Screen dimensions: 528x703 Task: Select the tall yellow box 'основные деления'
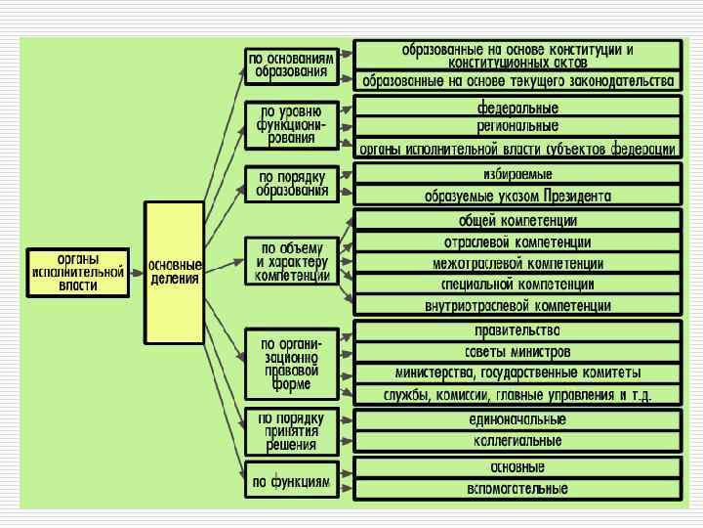click(x=175, y=273)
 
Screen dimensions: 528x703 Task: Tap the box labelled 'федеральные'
click(x=517, y=107)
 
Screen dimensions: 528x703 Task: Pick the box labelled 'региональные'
click(x=517, y=127)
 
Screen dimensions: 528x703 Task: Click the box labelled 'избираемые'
click(x=517, y=174)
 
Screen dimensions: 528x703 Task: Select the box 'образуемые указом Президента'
click(x=517, y=196)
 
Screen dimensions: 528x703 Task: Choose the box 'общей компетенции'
click(x=517, y=221)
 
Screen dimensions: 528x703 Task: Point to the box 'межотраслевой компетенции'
click(x=517, y=264)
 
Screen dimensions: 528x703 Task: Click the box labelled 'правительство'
click(x=517, y=330)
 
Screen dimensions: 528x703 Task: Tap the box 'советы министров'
click(x=517, y=352)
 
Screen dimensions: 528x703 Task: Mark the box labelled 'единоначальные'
click(x=517, y=420)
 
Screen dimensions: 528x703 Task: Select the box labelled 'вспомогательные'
click(x=517, y=488)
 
